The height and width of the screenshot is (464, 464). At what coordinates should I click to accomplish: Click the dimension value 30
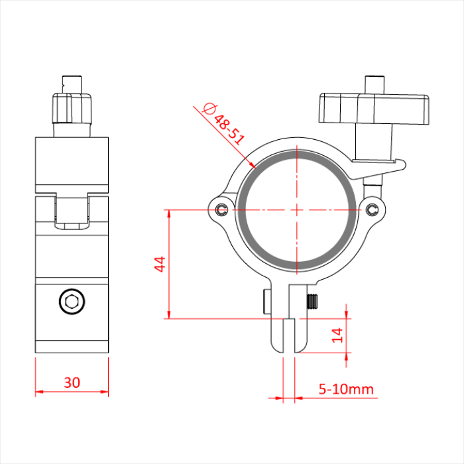(72, 382)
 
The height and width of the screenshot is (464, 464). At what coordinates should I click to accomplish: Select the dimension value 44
(159, 264)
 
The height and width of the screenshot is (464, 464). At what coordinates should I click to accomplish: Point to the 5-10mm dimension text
(346, 388)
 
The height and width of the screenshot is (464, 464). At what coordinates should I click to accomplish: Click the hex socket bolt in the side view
(72, 302)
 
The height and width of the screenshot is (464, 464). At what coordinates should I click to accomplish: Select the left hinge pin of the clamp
(221, 210)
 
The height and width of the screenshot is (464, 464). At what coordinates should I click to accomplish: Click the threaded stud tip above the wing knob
(375, 84)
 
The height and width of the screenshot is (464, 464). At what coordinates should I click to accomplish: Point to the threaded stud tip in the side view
(71, 83)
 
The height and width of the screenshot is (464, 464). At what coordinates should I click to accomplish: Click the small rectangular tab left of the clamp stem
(266, 302)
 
